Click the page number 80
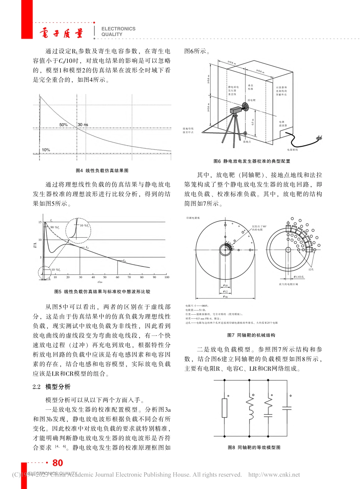click(58, 463)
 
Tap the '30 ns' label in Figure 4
click(83, 125)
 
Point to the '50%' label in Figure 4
click(63, 125)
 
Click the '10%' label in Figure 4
click(46, 150)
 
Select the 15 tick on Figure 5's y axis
click(40, 222)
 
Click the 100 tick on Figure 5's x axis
click(167, 277)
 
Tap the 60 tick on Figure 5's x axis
click(117, 277)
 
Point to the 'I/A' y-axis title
click(35, 245)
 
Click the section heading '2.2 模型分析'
click(52, 387)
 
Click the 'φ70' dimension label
click(225, 297)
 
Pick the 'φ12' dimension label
click(225, 292)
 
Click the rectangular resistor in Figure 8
click(225, 410)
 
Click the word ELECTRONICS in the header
click(118, 29)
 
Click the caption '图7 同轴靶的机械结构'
click(251, 335)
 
